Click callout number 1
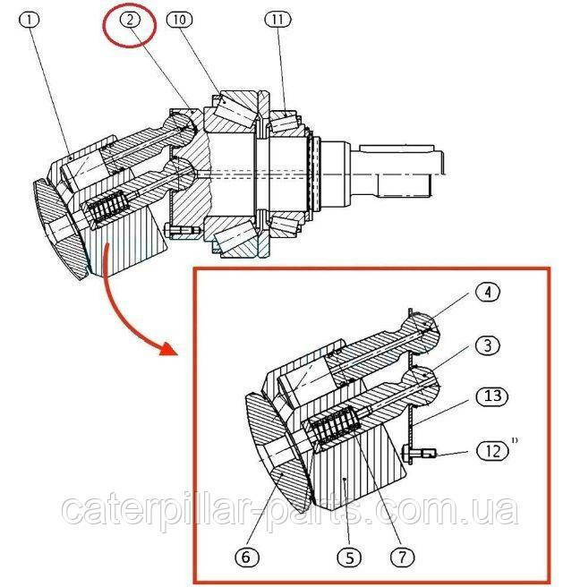(x=30, y=20)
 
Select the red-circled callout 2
(x=130, y=20)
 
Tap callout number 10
(x=179, y=20)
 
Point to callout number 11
(x=277, y=20)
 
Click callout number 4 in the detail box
(x=488, y=293)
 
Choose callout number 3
(x=488, y=345)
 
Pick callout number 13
(x=493, y=396)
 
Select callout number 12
(x=493, y=451)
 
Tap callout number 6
(x=246, y=557)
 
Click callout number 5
(x=349, y=557)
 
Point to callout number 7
(x=403, y=557)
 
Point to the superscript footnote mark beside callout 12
(x=515, y=440)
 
